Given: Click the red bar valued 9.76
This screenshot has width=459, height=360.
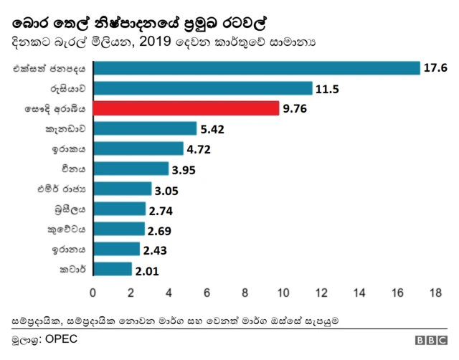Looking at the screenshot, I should point(186,108).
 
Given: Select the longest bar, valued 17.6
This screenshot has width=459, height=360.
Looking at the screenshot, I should point(256,68).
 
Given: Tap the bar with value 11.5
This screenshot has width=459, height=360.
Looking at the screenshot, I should point(202,88).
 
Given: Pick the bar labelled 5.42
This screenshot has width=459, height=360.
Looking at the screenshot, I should point(144,128).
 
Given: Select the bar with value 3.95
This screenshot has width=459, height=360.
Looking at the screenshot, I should point(131,169).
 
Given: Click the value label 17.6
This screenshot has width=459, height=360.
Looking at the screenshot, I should point(435,68).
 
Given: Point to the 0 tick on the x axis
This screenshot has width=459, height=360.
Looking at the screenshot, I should point(93,293).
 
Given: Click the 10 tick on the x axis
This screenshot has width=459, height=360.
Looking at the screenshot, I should point(283,293).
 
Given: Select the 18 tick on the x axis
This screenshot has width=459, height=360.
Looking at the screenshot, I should point(435,293).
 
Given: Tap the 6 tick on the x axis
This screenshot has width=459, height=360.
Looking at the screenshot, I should point(207,293).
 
